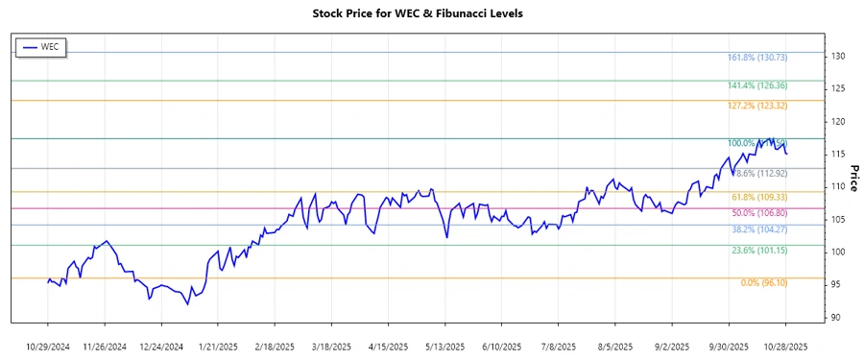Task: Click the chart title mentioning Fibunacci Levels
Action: (x=431, y=13)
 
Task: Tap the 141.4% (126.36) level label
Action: (x=765, y=86)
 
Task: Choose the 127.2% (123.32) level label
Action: (x=765, y=106)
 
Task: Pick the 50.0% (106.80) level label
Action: (x=765, y=213)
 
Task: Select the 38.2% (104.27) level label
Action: (x=765, y=229)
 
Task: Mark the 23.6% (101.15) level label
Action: (x=765, y=251)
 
